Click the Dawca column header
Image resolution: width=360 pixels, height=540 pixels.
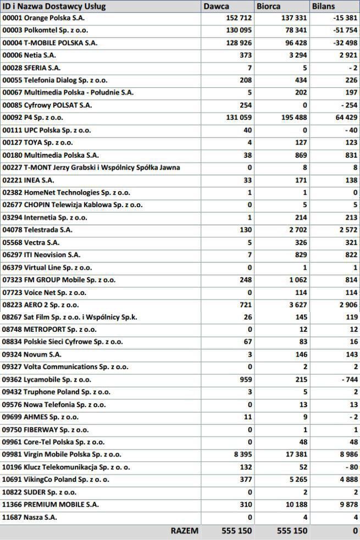coord(217,7)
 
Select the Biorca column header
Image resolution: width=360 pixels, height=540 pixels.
coord(268,7)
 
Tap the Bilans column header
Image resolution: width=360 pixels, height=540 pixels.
coord(324,7)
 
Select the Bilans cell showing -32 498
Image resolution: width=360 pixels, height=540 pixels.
coord(345,43)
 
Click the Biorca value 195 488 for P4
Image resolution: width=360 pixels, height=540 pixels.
coord(291,118)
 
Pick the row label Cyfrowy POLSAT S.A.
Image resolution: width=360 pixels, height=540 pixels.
coord(47,105)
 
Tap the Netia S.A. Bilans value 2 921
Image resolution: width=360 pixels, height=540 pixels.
coord(348,55)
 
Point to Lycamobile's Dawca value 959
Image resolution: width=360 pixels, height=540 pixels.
coord(245,380)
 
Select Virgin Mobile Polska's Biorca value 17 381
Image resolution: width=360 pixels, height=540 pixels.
coord(293,455)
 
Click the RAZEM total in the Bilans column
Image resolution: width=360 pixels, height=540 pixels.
coord(355,531)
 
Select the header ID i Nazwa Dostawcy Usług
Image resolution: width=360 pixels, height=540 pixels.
coord(54,7)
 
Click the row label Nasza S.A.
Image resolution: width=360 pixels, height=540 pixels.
coord(30,517)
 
